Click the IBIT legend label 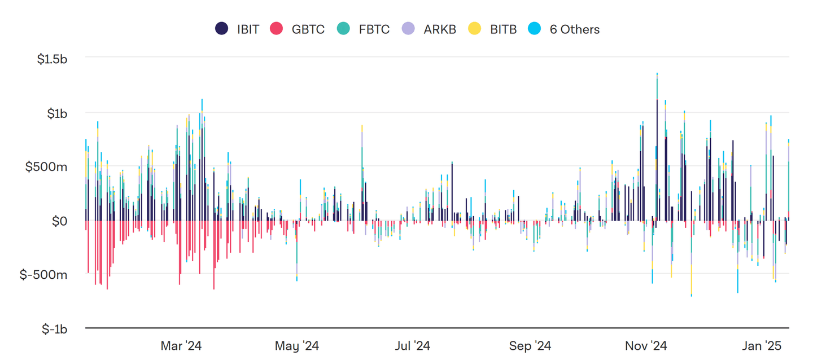248,29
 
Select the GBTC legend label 308,29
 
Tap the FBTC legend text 374,29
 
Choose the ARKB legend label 440,29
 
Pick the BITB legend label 503,29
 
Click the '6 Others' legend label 575,29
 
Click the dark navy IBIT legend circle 222,29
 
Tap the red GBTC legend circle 277,29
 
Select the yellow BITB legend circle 475,29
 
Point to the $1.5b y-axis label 52,59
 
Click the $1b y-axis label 58,113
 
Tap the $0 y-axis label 60,221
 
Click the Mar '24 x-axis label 181,345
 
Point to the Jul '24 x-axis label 413,345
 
